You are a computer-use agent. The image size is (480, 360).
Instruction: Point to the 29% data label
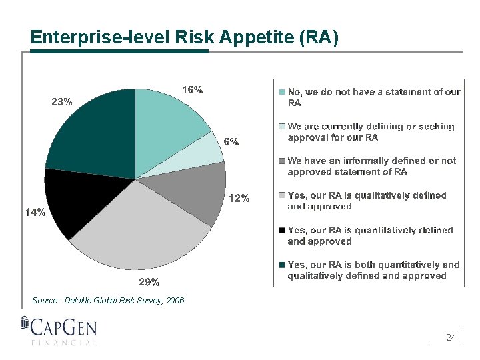pyautogui.click(x=149, y=281)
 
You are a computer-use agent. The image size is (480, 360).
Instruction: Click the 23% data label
pyautogui.click(x=62, y=102)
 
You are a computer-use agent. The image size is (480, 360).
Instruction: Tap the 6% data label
pyautogui.click(x=231, y=141)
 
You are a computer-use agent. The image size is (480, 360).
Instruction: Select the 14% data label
pyautogui.click(x=35, y=212)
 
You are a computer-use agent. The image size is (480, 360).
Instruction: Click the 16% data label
pyautogui.click(x=193, y=89)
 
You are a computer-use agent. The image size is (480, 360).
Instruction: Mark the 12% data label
pyautogui.click(x=239, y=198)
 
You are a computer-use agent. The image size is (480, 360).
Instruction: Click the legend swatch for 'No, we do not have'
pyautogui.click(x=282, y=92)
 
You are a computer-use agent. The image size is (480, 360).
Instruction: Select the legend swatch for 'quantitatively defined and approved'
pyautogui.click(x=282, y=231)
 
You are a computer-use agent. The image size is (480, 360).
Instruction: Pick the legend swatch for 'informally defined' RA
pyautogui.click(x=282, y=161)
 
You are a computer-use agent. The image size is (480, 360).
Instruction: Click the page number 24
pyautogui.click(x=451, y=338)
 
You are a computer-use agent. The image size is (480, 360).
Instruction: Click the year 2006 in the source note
pyautogui.click(x=175, y=301)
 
